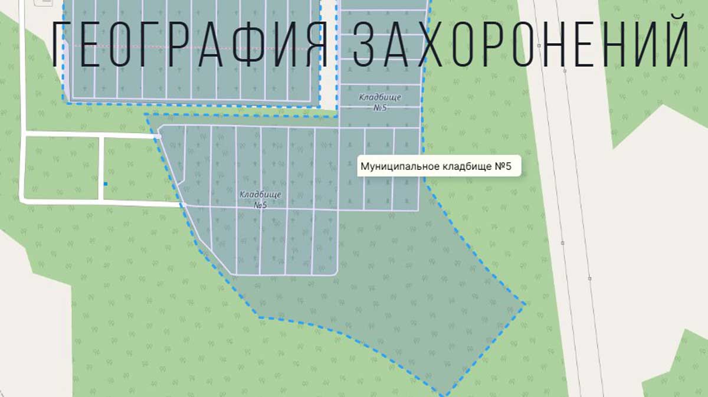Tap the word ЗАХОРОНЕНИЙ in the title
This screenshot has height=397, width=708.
[x=522, y=45]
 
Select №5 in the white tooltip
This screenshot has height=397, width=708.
[x=503, y=166]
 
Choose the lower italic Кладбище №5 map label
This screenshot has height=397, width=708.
[x=260, y=199]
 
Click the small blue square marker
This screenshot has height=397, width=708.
[x=106, y=184]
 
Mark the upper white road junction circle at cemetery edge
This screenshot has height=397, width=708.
[x=159, y=136]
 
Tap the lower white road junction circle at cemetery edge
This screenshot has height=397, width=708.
[x=184, y=205]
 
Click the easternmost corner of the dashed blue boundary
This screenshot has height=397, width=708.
[x=525, y=304]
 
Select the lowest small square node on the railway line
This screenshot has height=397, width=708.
[x=589, y=278]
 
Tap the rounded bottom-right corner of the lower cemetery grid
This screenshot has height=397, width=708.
[x=335, y=272]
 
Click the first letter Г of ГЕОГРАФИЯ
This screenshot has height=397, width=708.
[x=61, y=45]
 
